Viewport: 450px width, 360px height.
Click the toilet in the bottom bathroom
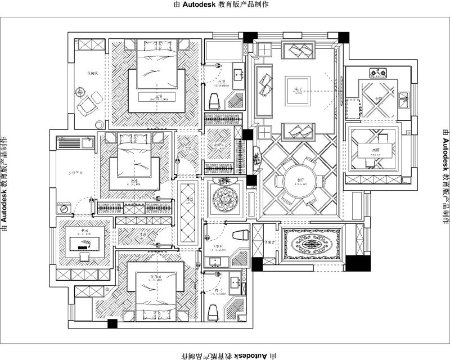click(213, 311)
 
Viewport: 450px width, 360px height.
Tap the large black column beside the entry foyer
click(355, 263)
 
